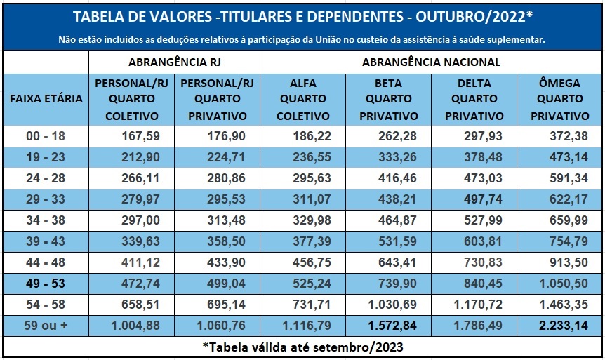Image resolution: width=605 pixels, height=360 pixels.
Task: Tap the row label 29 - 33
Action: point(46,199)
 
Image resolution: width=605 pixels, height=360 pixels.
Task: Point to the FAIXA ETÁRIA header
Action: point(46,99)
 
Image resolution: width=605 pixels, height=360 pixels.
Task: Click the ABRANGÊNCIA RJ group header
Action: point(173,62)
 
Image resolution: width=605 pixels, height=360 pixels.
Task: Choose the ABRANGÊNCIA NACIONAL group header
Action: point(431,62)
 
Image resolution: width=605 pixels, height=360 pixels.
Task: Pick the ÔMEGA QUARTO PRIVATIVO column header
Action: point(559,100)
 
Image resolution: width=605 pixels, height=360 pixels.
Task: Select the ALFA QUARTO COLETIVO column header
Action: point(302,100)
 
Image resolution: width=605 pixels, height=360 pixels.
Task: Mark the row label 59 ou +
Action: point(46,326)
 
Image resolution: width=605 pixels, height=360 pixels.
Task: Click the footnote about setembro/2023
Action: point(302,347)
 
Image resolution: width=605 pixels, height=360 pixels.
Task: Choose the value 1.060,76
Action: point(221,326)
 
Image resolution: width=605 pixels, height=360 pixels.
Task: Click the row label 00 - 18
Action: point(46,136)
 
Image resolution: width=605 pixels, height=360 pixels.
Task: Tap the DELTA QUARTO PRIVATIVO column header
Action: point(474,100)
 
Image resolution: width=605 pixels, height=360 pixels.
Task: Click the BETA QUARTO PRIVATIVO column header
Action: point(388,100)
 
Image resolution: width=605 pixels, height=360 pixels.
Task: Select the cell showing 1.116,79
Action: point(306,326)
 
